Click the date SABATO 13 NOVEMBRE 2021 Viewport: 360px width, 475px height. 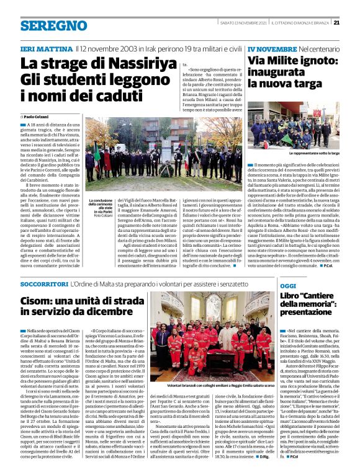point(244,23)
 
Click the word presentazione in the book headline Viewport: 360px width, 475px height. point(308,313)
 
